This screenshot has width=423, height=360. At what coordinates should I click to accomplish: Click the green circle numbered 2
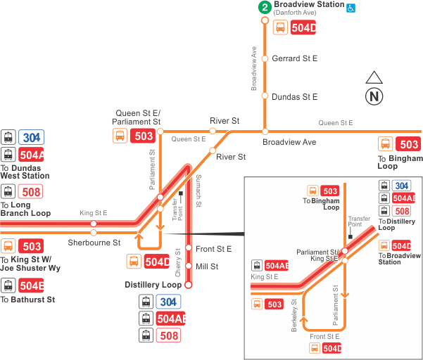pos(265,8)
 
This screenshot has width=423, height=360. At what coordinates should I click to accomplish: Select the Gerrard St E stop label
pos(294,59)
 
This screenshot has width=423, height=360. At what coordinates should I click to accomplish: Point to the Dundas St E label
pos(294,96)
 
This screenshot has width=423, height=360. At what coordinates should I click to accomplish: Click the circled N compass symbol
pos(374,96)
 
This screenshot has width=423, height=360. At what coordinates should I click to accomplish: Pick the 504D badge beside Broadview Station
pos(303,28)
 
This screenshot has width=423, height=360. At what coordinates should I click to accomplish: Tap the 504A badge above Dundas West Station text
pos(32,155)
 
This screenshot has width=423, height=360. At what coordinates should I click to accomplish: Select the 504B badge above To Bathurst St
pos(32,285)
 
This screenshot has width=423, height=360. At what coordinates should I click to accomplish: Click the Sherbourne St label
pos(94,243)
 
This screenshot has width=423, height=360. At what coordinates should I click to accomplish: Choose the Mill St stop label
pos(207,266)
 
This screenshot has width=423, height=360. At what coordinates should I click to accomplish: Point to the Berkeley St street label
pos(294,314)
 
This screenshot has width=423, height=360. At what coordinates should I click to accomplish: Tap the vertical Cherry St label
pos(177,262)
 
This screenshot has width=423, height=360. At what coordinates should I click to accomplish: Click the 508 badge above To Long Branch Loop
pos(32,191)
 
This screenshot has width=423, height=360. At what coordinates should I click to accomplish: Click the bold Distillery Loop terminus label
pos(153,285)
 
